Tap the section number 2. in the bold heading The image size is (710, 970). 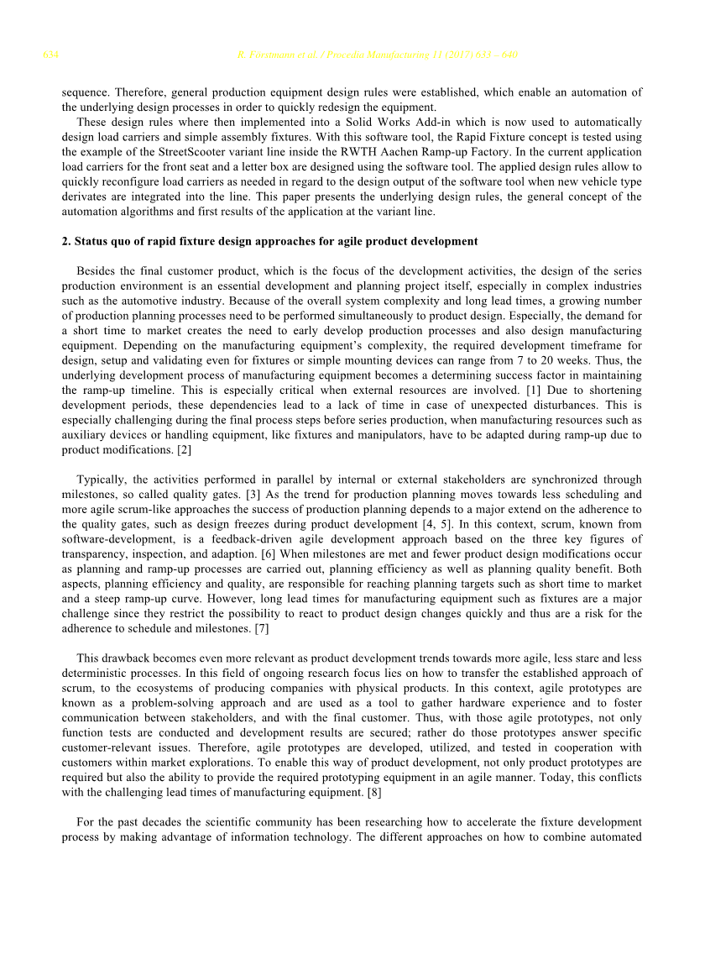click(x=66, y=242)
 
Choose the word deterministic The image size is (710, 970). click(x=98, y=674)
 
